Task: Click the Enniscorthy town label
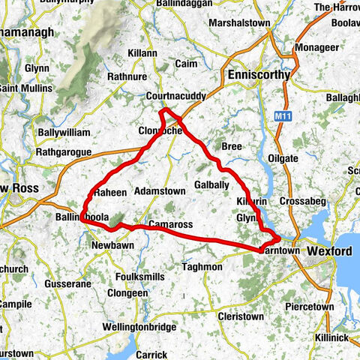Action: coord(259,76)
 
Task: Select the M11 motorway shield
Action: coord(282,116)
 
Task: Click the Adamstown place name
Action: coord(160,191)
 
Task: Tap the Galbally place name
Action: coord(211,184)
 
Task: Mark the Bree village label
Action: coord(231,147)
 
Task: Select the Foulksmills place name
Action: coord(138,276)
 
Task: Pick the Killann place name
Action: coord(142,53)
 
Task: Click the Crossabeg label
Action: coord(300,202)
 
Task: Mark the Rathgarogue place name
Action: coord(64,152)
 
